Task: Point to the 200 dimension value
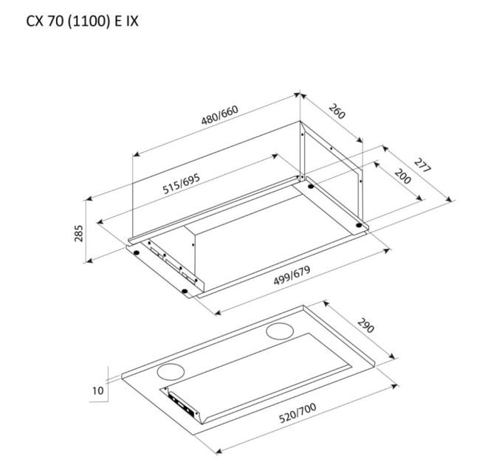[x=403, y=177]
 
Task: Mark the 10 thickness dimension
[x=98, y=389]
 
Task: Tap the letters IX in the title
[x=129, y=21]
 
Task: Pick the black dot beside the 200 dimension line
[x=359, y=224]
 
